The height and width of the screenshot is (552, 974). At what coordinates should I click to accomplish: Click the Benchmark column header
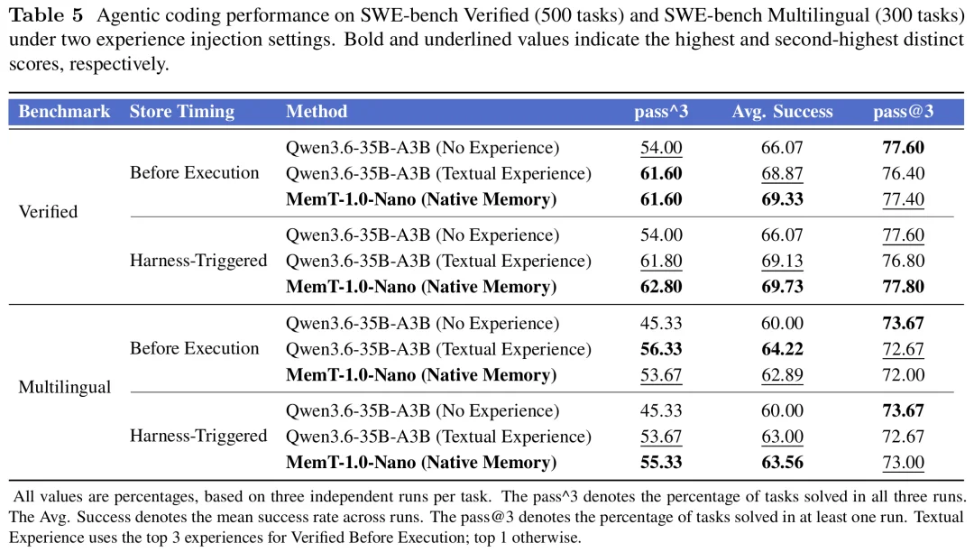click(x=64, y=112)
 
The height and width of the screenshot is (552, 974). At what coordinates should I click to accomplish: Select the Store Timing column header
click(x=182, y=112)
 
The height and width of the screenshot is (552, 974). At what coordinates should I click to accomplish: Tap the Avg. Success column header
click(x=782, y=112)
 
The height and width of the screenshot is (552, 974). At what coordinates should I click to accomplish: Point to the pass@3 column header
click(x=903, y=112)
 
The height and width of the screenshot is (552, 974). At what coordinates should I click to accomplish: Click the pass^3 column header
click(x=661, y=112)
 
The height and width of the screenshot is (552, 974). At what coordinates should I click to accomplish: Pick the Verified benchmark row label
click(x=49, y=212)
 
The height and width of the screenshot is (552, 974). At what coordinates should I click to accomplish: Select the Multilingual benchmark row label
click(x=65, y=388)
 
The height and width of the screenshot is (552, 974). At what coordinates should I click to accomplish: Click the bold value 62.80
click(x=661, y=287)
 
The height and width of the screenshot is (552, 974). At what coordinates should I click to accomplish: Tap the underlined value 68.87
click(x=782, y=174)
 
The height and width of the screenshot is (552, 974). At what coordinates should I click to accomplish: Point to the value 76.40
click(x=903, y=173)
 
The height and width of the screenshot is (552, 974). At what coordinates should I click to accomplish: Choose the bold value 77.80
click(x=903, y=287)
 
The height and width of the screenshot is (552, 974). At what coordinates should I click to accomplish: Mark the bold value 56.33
click(x=661, y=350)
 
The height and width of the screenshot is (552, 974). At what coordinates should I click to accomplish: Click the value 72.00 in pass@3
click(x=903, y=375)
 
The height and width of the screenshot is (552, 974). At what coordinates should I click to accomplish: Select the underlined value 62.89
click(x=782, y=375)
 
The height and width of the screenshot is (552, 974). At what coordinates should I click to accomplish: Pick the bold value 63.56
click(x=782, y=463)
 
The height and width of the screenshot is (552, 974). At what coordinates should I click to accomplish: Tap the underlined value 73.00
click(x=903, y=464)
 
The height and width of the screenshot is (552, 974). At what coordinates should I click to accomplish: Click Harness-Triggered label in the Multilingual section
click(x=198, y=437)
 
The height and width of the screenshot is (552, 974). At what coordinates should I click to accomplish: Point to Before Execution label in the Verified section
click(x=195, y=172)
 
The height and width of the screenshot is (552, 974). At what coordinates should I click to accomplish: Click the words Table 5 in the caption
click(x=46, y=15)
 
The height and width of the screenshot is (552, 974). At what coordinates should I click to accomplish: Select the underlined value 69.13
click(x=782, y=262)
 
